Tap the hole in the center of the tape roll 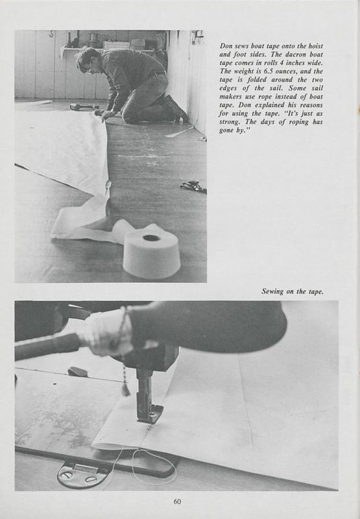click(x=151, y=238)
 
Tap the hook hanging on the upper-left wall click(x=51, y=34)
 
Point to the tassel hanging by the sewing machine click(x=126, y=389)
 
